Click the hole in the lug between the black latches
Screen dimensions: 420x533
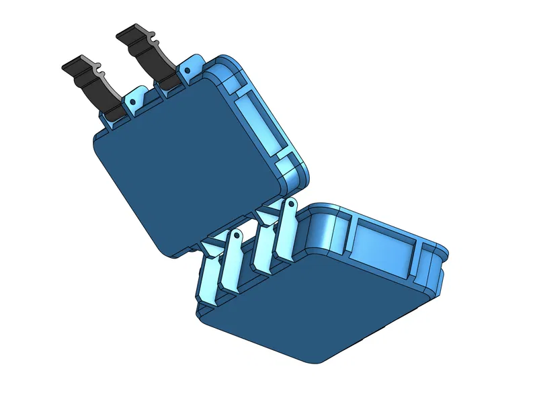tap(133, 101)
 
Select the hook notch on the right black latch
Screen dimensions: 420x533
tap(153, 34)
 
